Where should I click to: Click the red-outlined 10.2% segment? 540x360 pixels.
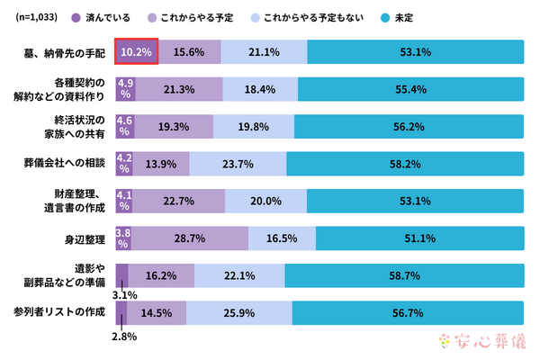click(x=137, y=51)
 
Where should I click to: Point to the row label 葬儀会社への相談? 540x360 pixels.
click(x=65, y=163)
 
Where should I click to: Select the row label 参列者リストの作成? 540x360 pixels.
click(x=59, y=312)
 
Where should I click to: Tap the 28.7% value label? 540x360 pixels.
click(x=191, y=238)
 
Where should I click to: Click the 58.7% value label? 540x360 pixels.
click(x=404, y=275)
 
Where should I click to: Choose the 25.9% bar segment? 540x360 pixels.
click(x=238, y=312)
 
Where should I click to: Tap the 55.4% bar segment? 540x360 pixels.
click(x=410, y=88)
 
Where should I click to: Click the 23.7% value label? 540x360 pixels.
click(x=238, y=163)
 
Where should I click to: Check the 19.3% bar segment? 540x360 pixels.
click(x=174, y=126)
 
